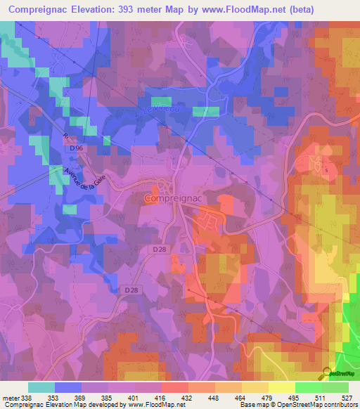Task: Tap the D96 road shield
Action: point(76,149)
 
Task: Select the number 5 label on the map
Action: point(326,170)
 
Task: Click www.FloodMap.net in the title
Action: point(247,10)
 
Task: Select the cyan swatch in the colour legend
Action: point(41,387)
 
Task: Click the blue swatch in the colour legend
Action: point(68,387)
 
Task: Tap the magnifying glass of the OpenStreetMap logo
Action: point(326,372)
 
